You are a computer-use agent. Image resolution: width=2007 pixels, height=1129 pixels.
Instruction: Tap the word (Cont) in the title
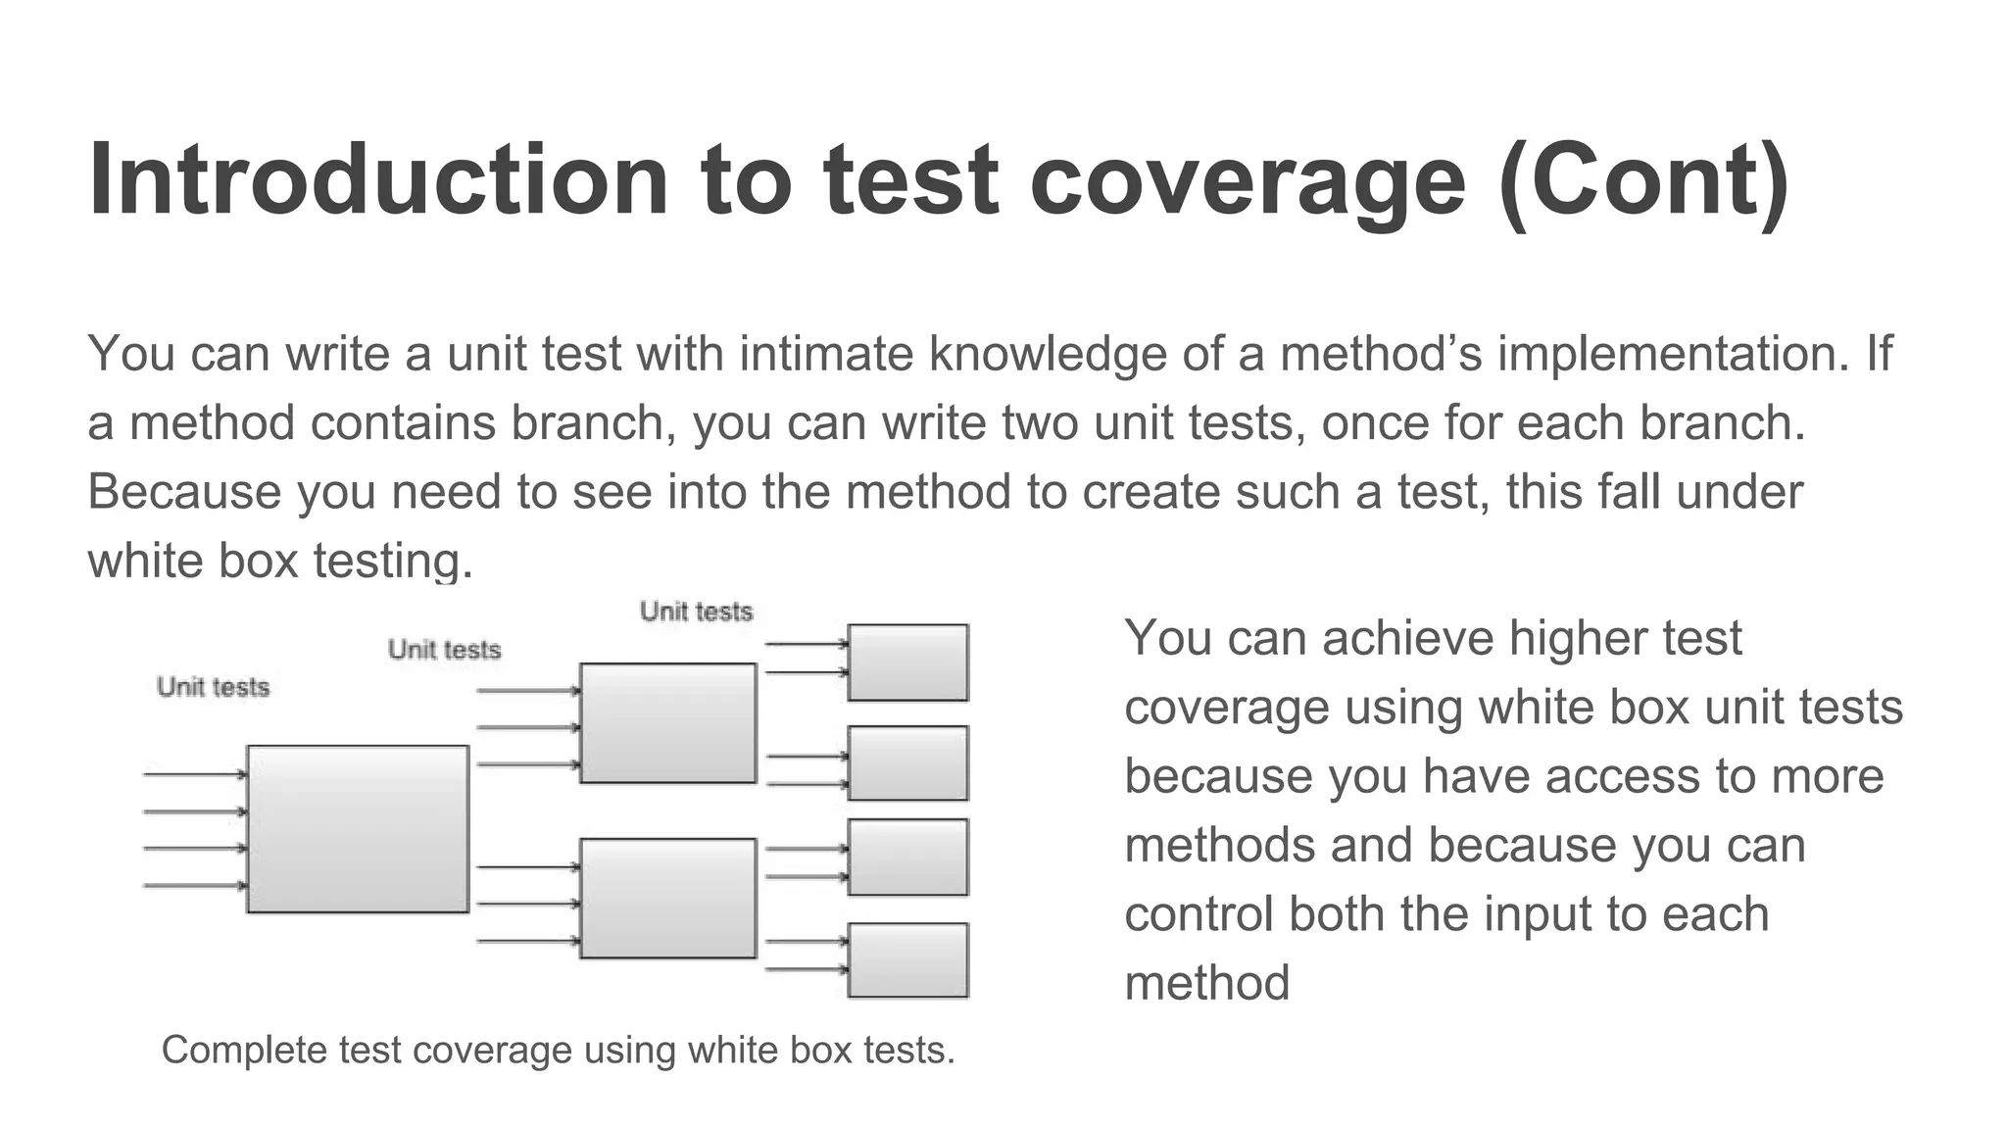tap(1643, 182)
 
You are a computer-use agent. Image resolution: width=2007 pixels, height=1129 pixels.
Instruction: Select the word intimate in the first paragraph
tap(825, 354)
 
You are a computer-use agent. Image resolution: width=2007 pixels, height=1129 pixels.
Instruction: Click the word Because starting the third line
tap(184, 492)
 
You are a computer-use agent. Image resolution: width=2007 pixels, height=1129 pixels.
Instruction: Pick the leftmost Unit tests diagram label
tap(213, 687)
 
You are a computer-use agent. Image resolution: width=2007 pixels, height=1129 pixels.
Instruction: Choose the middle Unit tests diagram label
tap(444, 650)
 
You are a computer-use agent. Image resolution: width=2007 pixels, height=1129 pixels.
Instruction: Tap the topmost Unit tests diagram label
tap(696, 612)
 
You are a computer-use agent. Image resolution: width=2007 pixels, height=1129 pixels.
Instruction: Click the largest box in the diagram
tap(358, 829)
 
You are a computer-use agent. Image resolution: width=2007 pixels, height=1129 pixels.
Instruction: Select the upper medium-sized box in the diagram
tap(668, 723)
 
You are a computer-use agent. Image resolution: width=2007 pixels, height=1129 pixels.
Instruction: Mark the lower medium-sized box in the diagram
tap(668, 898)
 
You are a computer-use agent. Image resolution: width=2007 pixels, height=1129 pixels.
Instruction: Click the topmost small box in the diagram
tap(907, 663)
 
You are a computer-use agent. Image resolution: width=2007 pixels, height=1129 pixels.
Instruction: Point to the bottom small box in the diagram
tap(907, 960)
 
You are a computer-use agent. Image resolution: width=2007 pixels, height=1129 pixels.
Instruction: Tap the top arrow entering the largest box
tap(194, 774)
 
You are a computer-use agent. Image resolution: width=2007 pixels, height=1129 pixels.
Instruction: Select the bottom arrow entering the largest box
tap(194, 886)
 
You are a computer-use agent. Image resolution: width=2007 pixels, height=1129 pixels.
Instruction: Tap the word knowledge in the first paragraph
tap(1047, 355)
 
